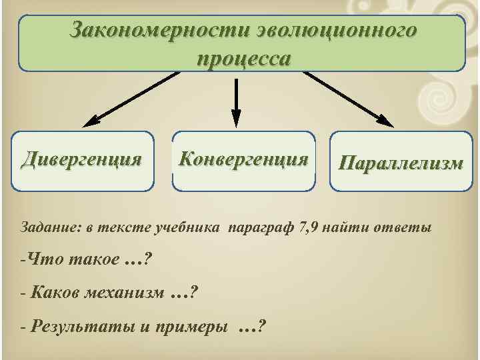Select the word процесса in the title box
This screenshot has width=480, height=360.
coord(243,58)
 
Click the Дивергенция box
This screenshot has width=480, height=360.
coord(81,160)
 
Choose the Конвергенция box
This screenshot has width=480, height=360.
coord(244,160)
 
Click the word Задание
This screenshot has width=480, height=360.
coord(49,228)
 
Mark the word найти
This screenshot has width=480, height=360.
coord(349,228)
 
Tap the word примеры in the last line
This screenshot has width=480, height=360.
coord(193,327)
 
